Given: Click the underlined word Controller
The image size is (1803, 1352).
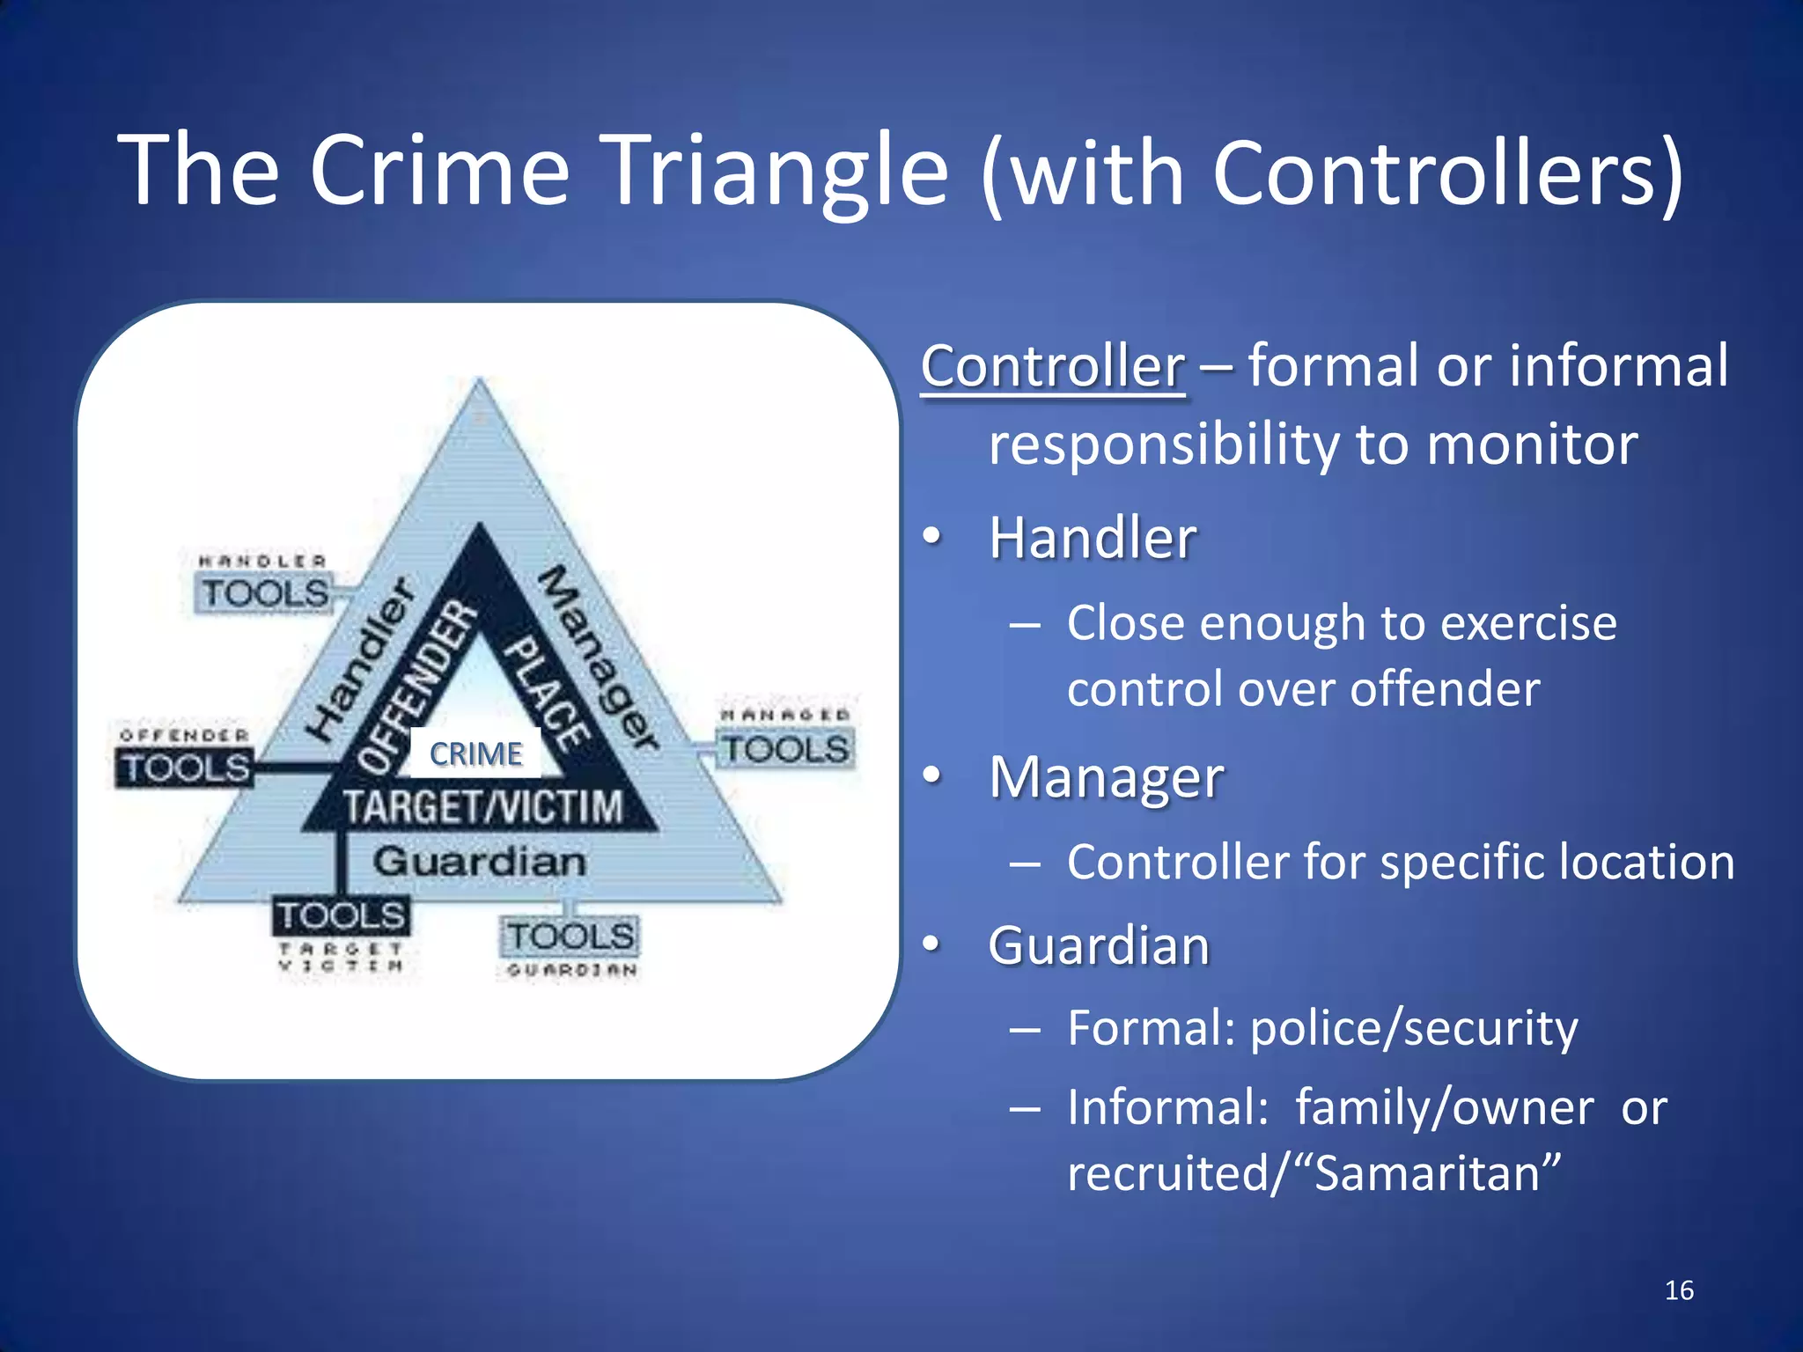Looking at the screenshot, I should tap(1053, 366).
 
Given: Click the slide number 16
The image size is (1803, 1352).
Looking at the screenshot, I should tap(1679, 1290).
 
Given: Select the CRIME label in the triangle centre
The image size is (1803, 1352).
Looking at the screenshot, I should tap(476, 754).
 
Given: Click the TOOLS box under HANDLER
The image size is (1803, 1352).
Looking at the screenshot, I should tap(265, 593).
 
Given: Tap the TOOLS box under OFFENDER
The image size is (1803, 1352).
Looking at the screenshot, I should tap(185, 768).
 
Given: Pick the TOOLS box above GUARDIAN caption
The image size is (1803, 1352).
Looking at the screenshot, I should tap(570, 936).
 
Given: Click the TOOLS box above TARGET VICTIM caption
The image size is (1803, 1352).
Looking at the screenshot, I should tap(341, 916).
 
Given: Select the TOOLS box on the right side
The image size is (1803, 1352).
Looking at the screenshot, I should tap(785, 750).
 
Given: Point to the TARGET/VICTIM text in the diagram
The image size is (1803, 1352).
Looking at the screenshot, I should tap(482, 806).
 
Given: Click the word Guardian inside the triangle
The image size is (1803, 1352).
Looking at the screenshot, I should tap(479, 862).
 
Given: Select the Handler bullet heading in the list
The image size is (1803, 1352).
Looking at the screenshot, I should tap(1093, 538).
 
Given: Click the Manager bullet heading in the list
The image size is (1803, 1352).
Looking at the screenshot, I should tap(1106, 778).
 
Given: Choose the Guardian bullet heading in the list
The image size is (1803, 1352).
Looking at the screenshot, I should tap(1099, 946).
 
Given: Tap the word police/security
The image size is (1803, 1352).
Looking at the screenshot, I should tap(1414, 1028).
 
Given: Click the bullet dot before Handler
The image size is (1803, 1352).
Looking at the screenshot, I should tap(931, 536).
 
